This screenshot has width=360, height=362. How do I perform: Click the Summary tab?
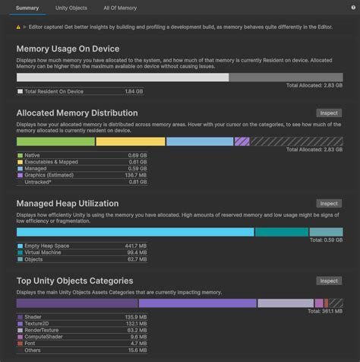pyautogui.click(x=27, y=8)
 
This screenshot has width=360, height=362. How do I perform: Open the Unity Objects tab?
pyautogui.click(x=71, y=8)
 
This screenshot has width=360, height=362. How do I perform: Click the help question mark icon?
pyautogui.click(x=352, y=8)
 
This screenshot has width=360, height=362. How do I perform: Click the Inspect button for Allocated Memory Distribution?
pyautogui.click(x=329, y=113)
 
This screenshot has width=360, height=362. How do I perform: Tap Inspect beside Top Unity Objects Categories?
pyautogui.click(x=329, y=281)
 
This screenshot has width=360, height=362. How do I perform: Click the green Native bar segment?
pyautogui.click(x=55, y=141)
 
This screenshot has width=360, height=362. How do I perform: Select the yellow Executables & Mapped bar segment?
pyautogui.click(x=130, y=141)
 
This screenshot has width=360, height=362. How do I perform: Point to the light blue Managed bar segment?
pyautogui.click(x=199, y=141)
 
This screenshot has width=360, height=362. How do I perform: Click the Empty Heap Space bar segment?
pyautogui.click(x=135, y=232)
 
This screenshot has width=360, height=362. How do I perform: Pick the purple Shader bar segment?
pyautogui.click(x=77, y=303)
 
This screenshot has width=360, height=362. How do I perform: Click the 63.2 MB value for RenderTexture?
pyautogui.click(x=137, y=330)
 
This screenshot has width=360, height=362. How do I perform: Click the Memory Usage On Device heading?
pyautogui.click(x=69, y=49)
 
